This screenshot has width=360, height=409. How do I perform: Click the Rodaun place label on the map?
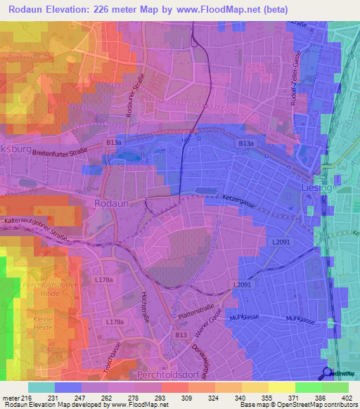(110, 202)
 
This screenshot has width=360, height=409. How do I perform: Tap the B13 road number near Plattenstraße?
(181, 335)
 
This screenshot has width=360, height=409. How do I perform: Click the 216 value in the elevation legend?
(27, 398)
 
